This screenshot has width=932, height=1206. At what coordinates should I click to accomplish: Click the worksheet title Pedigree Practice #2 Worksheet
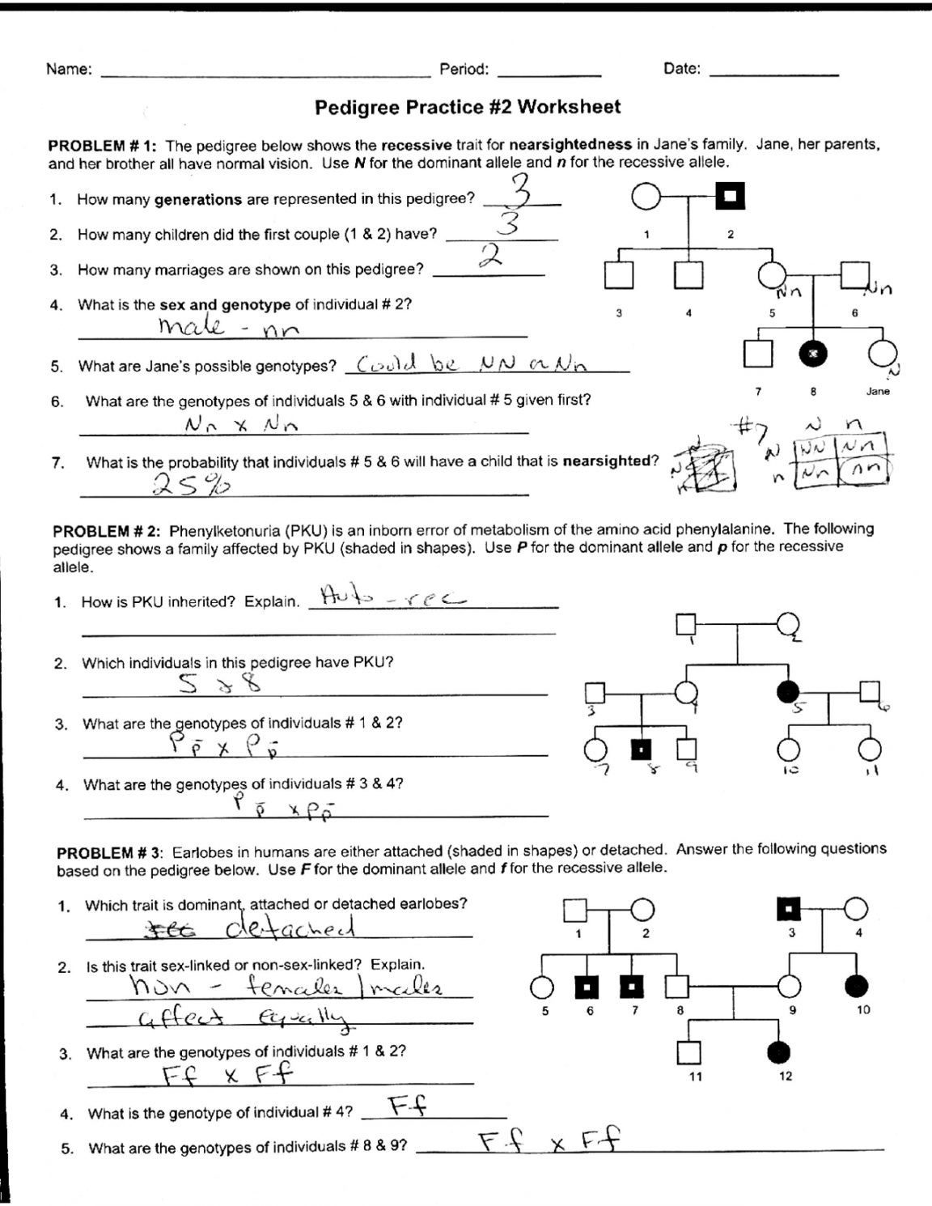(x=468, y=107)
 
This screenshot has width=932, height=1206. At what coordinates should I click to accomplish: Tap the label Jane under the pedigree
(x=878, y=391)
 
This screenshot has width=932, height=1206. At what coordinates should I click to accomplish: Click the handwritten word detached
(x=291, y=928)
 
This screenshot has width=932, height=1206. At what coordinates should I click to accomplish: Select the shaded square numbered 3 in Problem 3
(x=789, y=911)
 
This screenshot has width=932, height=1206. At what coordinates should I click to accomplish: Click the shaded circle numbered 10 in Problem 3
(x=857, y=986)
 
